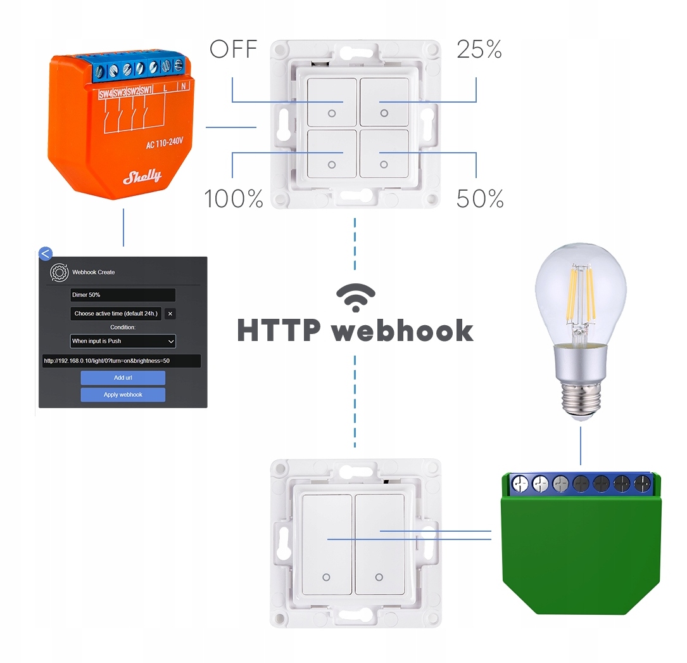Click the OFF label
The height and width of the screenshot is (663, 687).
(x=233, y=49)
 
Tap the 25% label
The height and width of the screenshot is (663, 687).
(x=479, y=49)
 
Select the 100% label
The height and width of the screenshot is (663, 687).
(x=233, y=199)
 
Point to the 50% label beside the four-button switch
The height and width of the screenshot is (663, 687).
(x=480, y=199)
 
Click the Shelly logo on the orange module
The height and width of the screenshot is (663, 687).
(x=142, y=176)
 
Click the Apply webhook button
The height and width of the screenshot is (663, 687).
(x=123, y=395)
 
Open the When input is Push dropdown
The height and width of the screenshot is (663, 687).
(x=123, y=341)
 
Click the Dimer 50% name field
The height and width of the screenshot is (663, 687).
(x=123, y=295)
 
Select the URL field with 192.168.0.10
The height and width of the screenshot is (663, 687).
(x=121, y=361)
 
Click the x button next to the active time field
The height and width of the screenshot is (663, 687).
(x=170, y=314)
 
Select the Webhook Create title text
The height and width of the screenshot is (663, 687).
(x=94, y=273)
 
